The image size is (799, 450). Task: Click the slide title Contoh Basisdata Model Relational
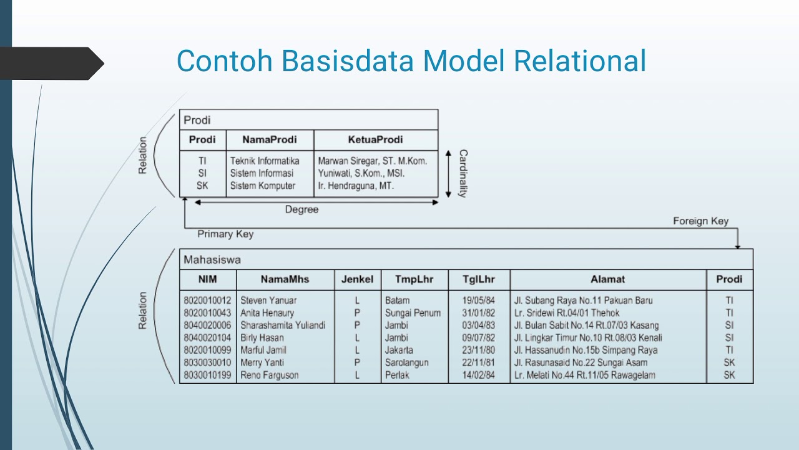tap(411, 61)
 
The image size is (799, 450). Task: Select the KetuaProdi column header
tap(375, 139)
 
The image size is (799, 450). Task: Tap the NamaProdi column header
tap(269, 139)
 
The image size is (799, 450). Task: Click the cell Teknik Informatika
tap(265, 161)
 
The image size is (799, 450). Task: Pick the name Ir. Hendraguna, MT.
tap(356, 186)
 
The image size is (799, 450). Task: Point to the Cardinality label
tap(463, 173)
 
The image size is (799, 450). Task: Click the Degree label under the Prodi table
tap(301, 209)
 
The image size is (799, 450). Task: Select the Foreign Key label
tap(700, 221)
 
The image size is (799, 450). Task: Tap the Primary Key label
tap(225, 234)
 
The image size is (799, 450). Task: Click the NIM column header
tap(208, 279)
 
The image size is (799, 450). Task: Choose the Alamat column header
tap(607, 279)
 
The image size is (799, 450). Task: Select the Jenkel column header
tap(357, 279)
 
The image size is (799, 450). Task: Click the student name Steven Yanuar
tap(268, 300)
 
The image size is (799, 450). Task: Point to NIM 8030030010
tap(207, 362)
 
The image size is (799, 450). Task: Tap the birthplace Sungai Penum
tap(413, 312)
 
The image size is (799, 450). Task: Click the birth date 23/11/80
tap(478, 350)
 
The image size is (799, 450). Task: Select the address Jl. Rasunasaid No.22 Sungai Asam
tap(581, 362)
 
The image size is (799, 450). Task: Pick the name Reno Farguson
tap(269, 375)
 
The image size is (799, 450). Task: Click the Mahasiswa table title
tap(212, 259)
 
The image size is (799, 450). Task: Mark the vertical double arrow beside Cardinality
tap(448, 173)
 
